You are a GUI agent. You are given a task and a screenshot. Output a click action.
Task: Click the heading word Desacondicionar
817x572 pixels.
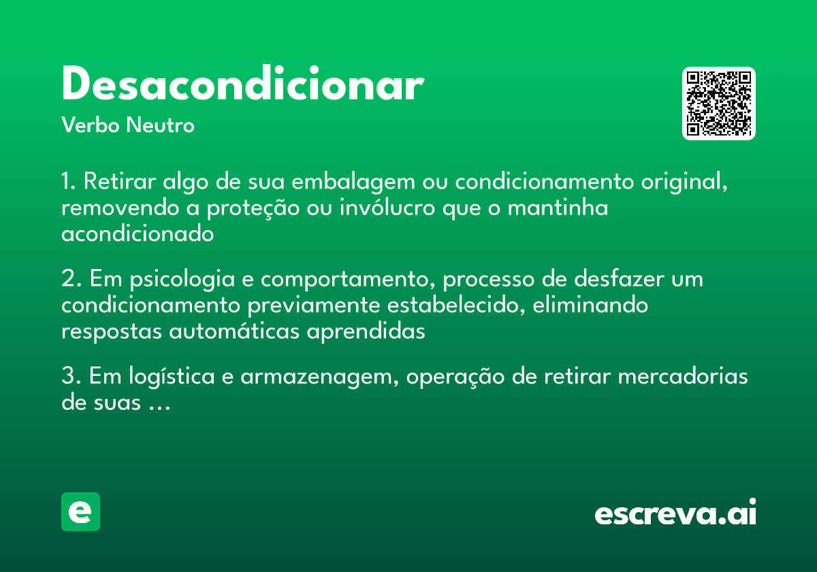click(242, 85)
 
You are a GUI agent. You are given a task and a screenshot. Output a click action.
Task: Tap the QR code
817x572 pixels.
click(719, 104)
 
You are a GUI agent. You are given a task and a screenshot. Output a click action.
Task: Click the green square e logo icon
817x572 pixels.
click(80, 511)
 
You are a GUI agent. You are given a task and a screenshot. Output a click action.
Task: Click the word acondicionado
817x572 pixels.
click(138, 234)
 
